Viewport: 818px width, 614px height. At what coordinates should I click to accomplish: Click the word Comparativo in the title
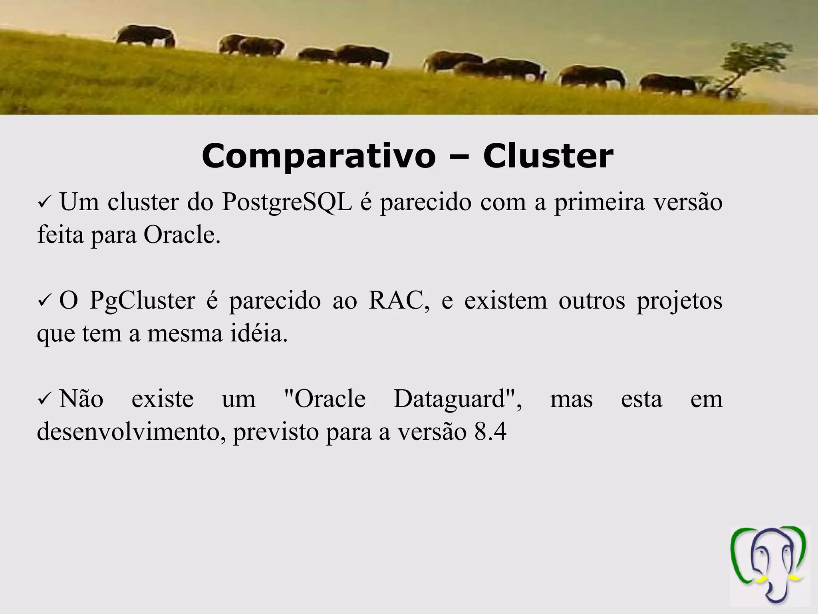click(x=318, y=157)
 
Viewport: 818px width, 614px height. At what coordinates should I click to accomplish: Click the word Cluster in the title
click(x=548, y=156)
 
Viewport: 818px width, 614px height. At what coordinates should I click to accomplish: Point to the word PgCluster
click(x=142, y=301)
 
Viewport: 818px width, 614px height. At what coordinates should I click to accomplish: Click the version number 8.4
click(x=490, y=432)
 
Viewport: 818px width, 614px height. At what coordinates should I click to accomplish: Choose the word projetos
click(x=679, y=301)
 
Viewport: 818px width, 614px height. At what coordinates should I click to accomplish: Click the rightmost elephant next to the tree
click(x=668, y=84)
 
